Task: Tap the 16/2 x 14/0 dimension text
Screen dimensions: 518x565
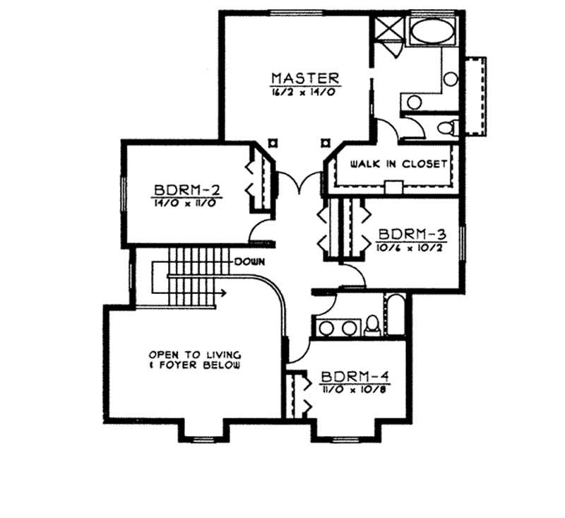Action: [305, 93]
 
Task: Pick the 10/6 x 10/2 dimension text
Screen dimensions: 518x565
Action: [410, 247]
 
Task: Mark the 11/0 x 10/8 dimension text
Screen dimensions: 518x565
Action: [351, 389]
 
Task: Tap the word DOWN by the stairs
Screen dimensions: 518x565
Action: [249, 261]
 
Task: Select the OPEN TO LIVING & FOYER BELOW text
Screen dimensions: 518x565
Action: [195, 360]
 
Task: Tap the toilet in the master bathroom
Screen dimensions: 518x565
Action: [446, 128]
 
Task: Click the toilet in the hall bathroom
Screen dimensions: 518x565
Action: [372, 326]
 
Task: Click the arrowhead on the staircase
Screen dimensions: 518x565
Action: [222, 291]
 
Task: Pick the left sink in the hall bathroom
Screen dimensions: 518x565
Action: [326, 328]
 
